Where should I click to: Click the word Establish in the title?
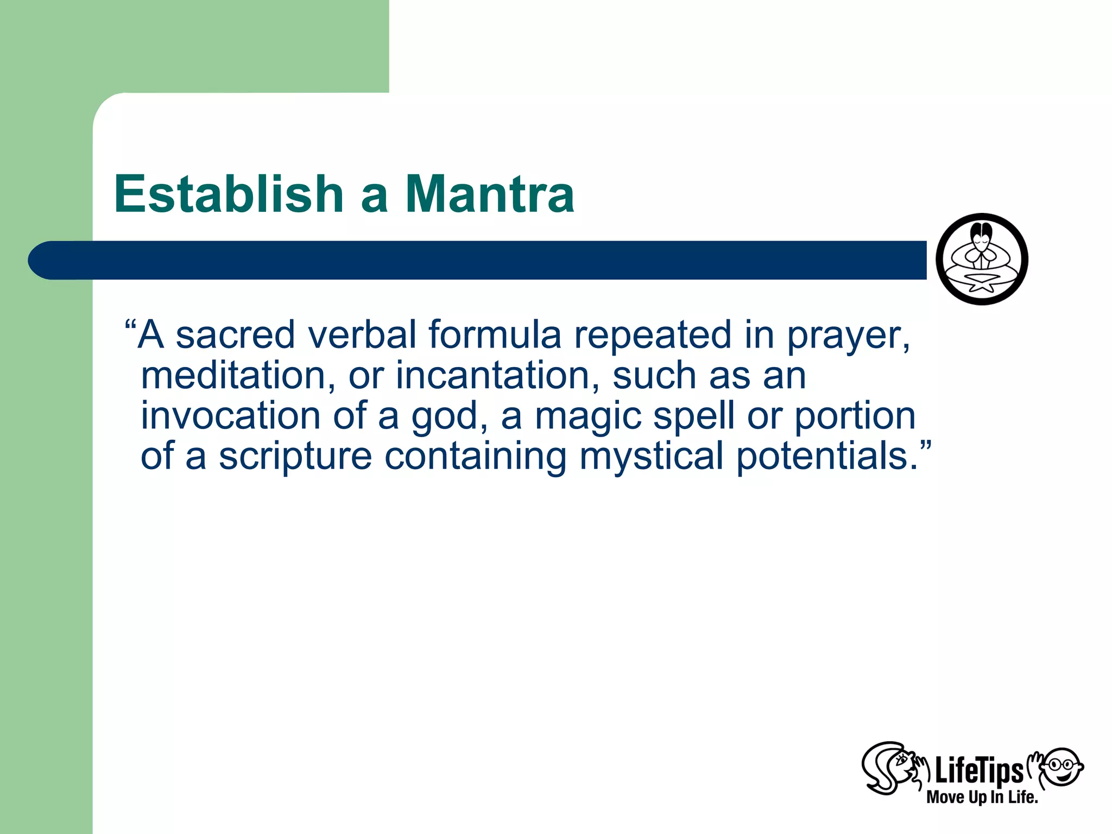pos(229,194)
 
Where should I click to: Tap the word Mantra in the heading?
pos(490,194)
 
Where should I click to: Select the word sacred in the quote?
pos(235,334)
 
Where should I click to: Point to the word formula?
pos(495,334)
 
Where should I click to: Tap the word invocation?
pos(230,416)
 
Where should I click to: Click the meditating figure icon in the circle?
pos(982,259)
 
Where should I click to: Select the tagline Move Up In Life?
pos(982,797)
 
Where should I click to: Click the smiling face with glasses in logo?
pos(1063,766)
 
